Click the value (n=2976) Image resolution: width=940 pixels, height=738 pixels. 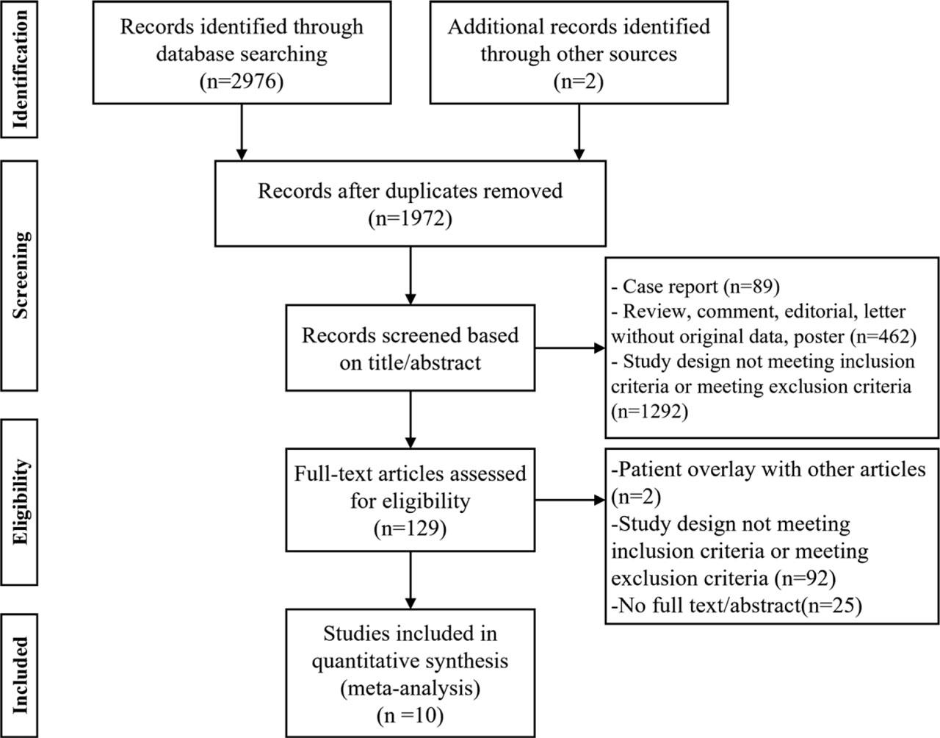[x=241, y=81]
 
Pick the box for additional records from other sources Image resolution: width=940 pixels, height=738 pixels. [x=579, y=52]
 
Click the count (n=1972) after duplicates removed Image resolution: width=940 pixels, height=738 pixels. [x=410, y=218]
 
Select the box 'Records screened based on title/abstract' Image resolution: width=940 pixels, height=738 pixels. [x=410, y=348]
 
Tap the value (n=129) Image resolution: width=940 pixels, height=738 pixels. [x=410, y=528]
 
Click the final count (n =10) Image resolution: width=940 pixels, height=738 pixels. [x=410, y=715]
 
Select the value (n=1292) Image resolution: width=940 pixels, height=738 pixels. [x=649, y=411]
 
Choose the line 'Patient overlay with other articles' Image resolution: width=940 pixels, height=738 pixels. [x=768, y=469]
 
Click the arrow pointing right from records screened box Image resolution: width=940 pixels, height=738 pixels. [x=570, y=348]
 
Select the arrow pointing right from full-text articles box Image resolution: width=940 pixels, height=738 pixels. [x=570, y=501]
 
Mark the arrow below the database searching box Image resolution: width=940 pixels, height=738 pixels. [x=241, y=132]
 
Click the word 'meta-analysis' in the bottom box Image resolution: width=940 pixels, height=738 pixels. [x=410, y=688]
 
